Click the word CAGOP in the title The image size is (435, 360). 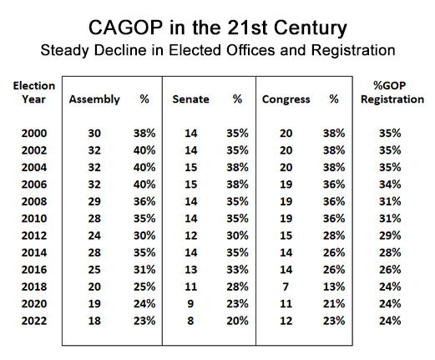coord(125,28)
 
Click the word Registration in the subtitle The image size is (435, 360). coord(353,51)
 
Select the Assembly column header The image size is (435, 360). coord(94,99)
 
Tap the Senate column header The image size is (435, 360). coord(190,99)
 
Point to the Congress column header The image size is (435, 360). coord(286,100)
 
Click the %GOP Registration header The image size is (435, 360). coord(392,93)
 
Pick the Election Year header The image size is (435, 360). coord(34,93)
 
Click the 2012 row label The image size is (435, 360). coord(34,236)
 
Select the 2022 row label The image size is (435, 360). coord(34,321)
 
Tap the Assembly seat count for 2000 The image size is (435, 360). coord(94,134)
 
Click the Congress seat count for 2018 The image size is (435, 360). coord(286,286)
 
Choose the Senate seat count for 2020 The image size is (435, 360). coord(190,304)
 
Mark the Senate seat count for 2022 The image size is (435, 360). coord(190,321)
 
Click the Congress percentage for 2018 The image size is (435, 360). coord(334,286)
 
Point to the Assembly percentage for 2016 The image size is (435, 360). coord(144,270)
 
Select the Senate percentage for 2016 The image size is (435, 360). coord(237,270)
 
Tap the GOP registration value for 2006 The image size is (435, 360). coord(390,185)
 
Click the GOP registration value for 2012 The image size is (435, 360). coord(390,236)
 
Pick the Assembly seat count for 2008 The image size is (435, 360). coord(94,201)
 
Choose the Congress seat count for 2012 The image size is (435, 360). coord(286,236)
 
